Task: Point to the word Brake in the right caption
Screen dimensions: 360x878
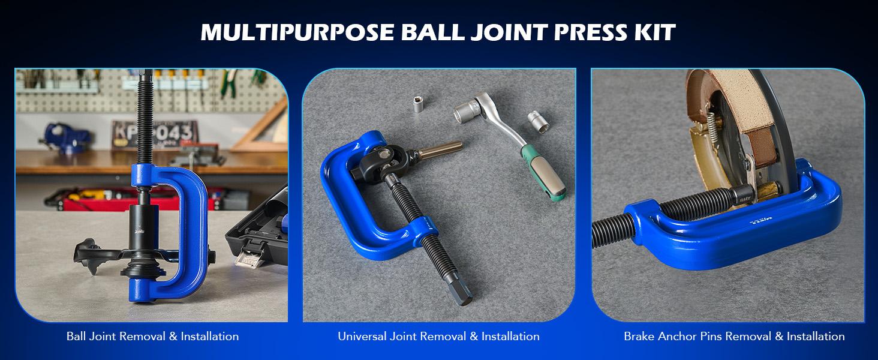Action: point(639,337)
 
